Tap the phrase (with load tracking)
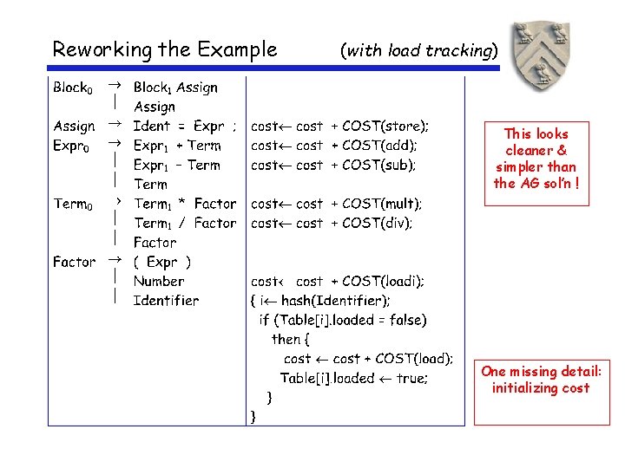(x=420, y=50)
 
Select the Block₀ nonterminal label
(x=72, y=88)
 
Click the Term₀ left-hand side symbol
(x=72, y=204)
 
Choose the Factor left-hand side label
(x=75, y=262)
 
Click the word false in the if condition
(x=401, y=320)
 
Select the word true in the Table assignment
(x=411, y=378)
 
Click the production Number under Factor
(x=159, y=281)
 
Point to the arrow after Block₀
(x=114, y=86)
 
